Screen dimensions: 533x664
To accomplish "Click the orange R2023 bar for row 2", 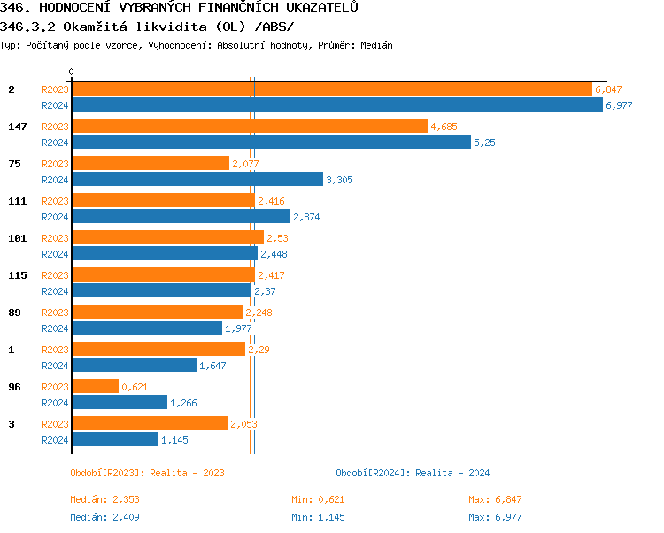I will (331, 89).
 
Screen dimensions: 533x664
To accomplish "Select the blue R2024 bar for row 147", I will (271, 143).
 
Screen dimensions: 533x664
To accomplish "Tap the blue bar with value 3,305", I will (197, 180).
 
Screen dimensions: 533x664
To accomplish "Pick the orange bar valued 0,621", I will (95, 387).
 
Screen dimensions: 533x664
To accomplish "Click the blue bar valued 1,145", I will (115, 440).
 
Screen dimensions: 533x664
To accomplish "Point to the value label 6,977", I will (619, 105).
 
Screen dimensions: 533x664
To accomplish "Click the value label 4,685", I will (444, 127).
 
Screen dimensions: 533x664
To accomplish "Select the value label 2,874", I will (306, 217).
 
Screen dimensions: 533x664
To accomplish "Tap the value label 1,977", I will (238, 328).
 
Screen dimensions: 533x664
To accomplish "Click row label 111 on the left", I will (18, 201).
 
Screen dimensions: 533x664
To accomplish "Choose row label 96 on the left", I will (14, 387).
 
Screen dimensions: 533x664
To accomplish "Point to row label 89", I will (14, 313).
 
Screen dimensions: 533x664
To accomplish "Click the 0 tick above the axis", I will (72, 72).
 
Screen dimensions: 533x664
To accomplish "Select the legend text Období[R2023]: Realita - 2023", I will (147, 473).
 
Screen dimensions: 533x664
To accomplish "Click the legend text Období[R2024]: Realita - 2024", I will (413, 473).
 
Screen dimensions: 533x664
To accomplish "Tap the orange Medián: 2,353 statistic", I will (105, 499).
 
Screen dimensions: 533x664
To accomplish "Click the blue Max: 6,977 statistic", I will (495, 517).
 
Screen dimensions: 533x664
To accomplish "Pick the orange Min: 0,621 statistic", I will (318, 499).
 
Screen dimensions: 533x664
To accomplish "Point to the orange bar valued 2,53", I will (167, 238).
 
